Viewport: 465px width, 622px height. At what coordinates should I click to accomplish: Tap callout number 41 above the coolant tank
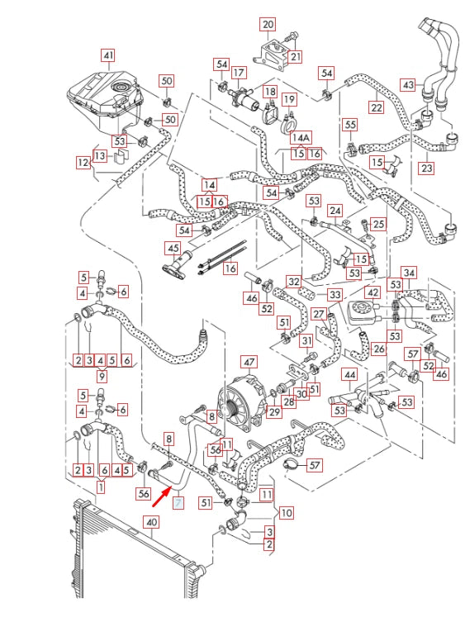pos(108,55)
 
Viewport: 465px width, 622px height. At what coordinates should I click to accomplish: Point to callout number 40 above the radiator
pos(149,522)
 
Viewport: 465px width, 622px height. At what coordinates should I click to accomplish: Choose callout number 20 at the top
pos(268,23)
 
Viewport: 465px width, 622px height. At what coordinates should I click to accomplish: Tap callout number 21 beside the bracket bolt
pos(295,56)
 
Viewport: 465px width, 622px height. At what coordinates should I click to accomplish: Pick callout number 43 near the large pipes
pos(407,85)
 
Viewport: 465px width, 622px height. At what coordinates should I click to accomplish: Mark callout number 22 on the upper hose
pos(376,107)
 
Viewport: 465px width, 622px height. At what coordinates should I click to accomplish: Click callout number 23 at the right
pos(427,168)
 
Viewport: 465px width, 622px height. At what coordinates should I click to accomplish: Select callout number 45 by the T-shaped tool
pos(173,248)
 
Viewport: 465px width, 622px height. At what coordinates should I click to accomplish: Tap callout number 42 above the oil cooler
pos(373,292)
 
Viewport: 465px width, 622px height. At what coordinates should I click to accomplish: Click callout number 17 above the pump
pos(240,73)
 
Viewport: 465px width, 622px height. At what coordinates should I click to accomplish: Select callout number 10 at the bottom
pos(286,513)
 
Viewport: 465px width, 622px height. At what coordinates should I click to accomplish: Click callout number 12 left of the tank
pos(83,164)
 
